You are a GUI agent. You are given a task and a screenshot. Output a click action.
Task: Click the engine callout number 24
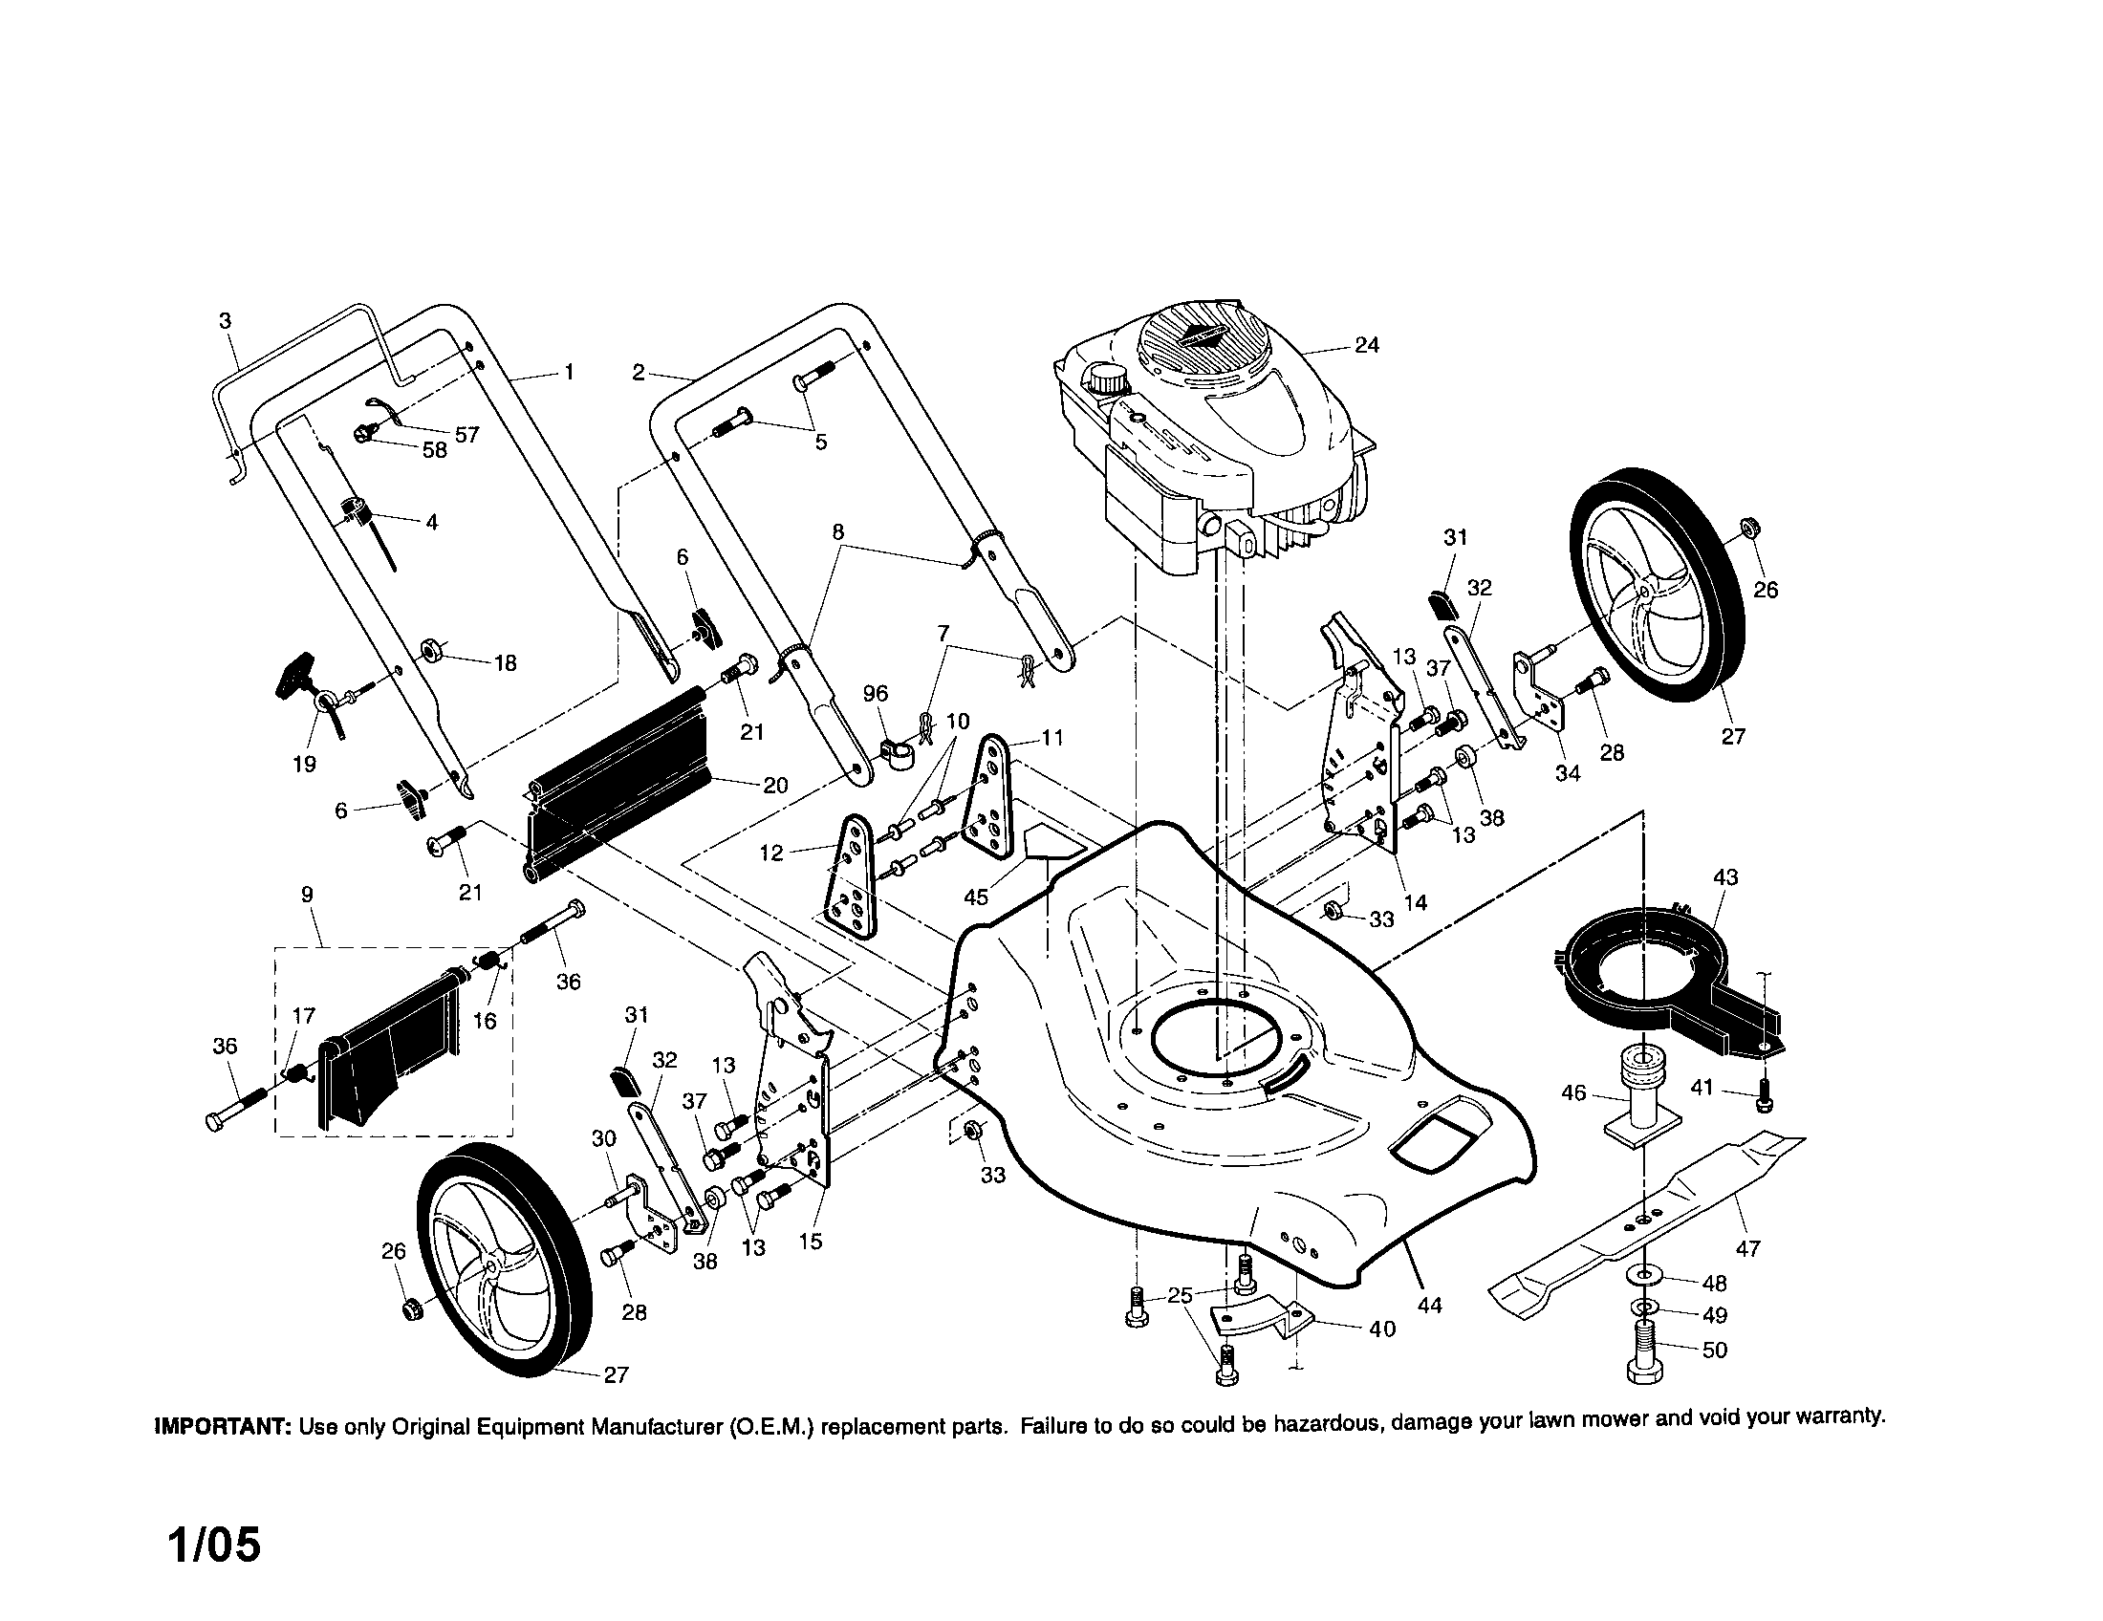(x=1366, y=345)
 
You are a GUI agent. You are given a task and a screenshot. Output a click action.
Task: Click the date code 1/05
(x=214, y=1545)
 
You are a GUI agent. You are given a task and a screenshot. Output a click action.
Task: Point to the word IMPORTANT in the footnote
(x=224, y=1426)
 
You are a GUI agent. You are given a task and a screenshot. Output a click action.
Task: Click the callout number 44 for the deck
(x=1430, y=1306)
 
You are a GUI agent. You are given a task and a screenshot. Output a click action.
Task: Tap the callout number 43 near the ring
(x=1726, y=876)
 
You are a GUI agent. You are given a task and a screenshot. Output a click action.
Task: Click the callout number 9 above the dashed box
(x=306, y=895)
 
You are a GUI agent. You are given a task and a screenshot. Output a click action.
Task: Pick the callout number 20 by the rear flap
(x=775, y=785)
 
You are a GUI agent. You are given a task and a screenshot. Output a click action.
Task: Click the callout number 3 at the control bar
(x=225, y=320)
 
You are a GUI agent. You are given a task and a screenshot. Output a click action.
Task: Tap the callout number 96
(x=876, y=693)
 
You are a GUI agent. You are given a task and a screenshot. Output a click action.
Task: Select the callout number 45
(x=975, y=897)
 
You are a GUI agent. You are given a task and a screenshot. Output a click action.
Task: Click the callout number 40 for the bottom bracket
(x=1382, y=1329)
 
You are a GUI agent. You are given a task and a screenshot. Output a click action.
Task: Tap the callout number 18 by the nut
(x=505, y=662)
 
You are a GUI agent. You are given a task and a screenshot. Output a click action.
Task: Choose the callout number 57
(x=467, y=435)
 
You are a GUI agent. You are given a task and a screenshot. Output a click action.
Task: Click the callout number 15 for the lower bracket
(x=811, y=1241)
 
